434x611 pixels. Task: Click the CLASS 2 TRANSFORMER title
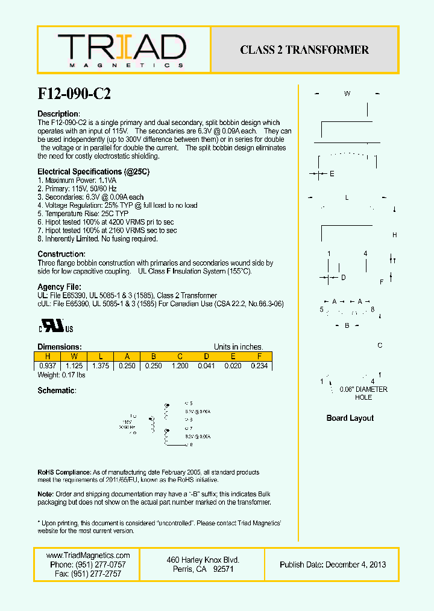(304, 50)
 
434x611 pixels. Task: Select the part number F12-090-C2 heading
(74, 94)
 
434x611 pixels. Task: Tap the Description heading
(58, 114)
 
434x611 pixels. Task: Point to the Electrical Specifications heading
(93, 172)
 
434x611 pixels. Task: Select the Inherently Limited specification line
(98, 238)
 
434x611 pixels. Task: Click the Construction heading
(61, 254)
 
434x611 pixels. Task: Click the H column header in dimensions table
(48, 356)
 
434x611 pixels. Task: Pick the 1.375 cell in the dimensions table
(100, 366)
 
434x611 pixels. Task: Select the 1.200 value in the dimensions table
(180, 366)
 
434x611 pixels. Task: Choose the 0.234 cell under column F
(259, 366)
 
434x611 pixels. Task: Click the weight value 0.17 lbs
(61, 376)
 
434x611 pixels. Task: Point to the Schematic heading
(57, 391)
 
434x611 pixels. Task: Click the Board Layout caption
(350, 418)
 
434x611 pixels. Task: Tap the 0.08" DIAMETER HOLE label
(363, 393)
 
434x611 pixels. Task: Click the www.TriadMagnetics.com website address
(88, 555)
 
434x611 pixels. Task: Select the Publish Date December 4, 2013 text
(333, 565)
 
